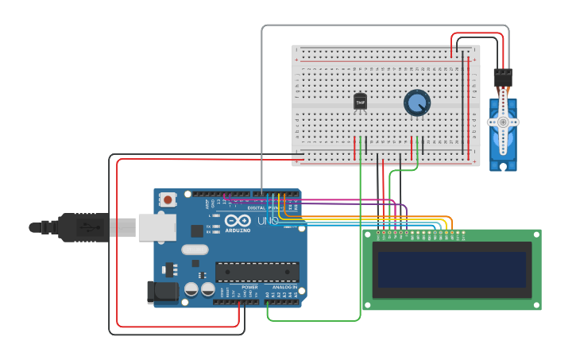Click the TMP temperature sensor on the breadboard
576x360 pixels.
coord(360,102)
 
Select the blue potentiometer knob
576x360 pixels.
coord(416,103)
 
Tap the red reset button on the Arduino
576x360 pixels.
coord(168,200)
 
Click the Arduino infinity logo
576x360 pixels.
coord(238,221)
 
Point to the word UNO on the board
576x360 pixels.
coord(268,221)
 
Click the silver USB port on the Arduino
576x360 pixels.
coord(157,226)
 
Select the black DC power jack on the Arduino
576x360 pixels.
coord(163,292)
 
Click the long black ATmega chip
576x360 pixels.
coord(257,272)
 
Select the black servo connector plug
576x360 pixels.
coord(503,78)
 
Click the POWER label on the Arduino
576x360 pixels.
coord(249,287)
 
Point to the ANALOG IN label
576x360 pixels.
coord(284,287)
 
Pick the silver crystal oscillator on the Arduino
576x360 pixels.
coord(195,250)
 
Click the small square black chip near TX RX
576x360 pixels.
coord(197,230)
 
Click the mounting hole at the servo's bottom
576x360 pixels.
coord(502,166)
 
